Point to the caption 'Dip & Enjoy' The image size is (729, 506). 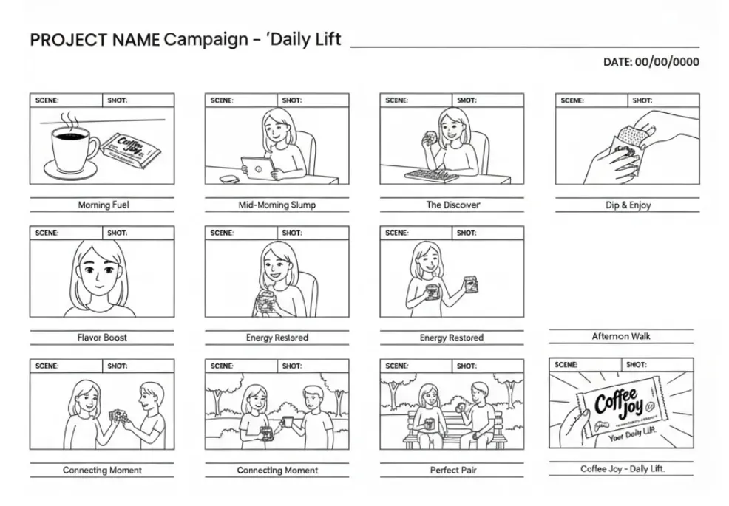point(628,205)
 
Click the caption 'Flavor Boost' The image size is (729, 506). point(102,338)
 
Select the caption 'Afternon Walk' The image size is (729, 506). point(621,336)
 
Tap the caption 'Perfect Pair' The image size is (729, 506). point(452,470)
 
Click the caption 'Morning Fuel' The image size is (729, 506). point(103,205)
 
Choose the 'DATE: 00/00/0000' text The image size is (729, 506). point(651,62)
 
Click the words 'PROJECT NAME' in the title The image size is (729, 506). point(95,40)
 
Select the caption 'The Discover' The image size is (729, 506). point(452,205)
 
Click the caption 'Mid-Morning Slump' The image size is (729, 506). point(277,205)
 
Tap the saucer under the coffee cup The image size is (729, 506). point(72,169)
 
